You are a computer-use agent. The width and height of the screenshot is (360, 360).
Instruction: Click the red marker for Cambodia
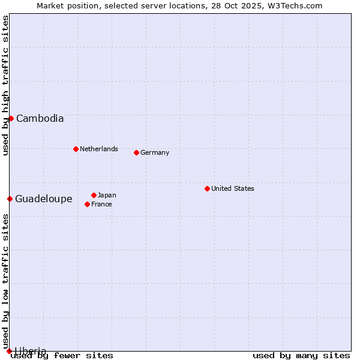point(11,118)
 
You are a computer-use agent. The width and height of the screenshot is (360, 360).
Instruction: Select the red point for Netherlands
point(76,149)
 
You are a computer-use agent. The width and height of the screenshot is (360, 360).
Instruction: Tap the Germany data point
point(136,152)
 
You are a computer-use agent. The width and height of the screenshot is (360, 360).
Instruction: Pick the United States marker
point(207,188)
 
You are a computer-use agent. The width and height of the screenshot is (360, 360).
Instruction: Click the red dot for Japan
point(94,195)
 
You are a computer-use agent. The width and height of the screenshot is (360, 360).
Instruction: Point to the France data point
point(88,204)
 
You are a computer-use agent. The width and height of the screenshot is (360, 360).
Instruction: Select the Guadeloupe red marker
point(10,199)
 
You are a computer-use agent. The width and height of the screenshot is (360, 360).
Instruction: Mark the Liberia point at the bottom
point(9,351)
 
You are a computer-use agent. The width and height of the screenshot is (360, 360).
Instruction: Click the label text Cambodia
point(40,118)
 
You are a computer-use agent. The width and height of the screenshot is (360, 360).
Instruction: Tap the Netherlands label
point(98,149)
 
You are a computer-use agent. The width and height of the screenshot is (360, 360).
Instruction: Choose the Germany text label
point(155,152)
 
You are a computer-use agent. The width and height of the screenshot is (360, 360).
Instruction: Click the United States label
point(232,188)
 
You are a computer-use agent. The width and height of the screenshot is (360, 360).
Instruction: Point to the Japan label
point(107,195)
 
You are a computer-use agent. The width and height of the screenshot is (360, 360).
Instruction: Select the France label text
point(101,204)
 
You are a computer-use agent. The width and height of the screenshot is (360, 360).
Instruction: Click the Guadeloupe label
point(43,199)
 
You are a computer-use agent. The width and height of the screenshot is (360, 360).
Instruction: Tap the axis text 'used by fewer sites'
point(62,355)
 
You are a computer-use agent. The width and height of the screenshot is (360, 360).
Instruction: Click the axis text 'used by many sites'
point(301,355)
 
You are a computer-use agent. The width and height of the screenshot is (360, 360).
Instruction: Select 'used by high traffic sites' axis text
point(5,85)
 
